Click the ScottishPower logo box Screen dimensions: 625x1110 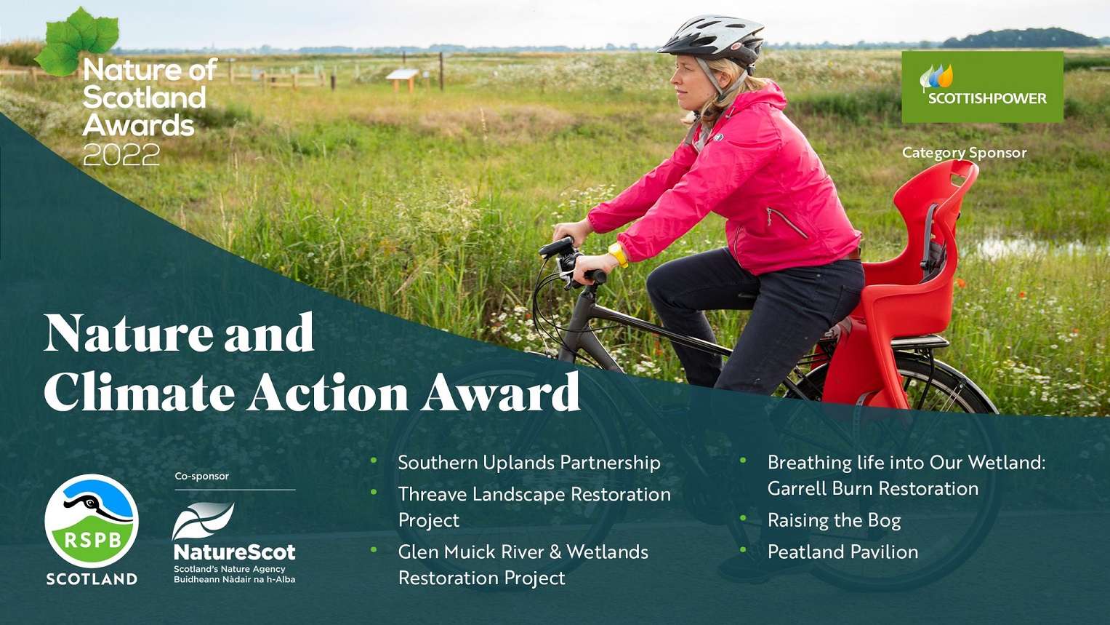[982, 87]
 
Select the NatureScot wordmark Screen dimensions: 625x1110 [234, 552]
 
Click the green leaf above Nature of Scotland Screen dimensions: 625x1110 [78, 40]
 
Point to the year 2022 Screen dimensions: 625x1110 [121, 155]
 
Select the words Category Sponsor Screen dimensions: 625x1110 [964, 153]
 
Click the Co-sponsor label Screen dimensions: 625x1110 [201, 476]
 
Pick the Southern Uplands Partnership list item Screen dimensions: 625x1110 [529, 463]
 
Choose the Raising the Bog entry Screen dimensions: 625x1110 [834, 520]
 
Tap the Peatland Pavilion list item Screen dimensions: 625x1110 [842, 552]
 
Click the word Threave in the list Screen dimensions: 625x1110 [432, 495]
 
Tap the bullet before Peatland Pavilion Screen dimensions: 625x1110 [743, 550]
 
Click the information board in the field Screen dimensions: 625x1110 [402, 75]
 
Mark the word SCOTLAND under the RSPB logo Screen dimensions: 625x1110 [92, 579]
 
